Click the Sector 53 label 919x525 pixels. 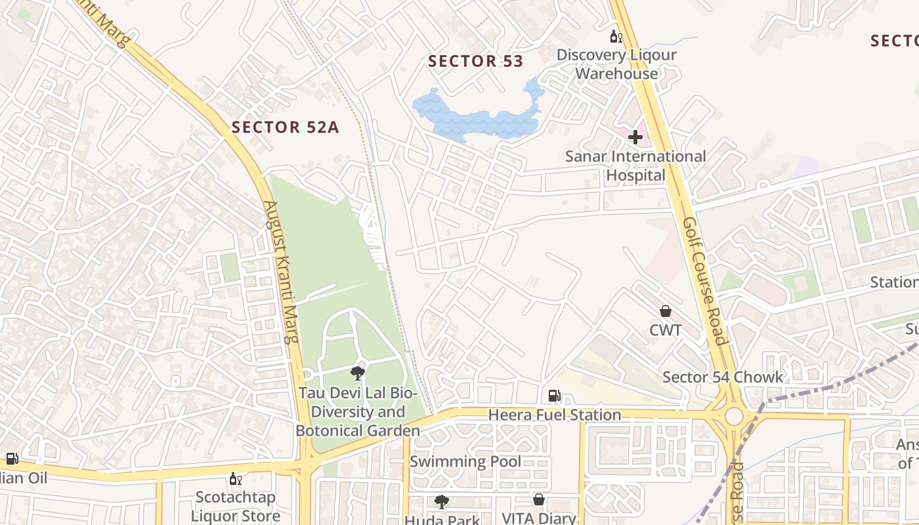[x=475, y=62]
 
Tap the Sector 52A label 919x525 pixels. [x=285, y=127]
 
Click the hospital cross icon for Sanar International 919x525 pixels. [x=635, y=137]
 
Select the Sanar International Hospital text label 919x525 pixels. [x=635, y=166]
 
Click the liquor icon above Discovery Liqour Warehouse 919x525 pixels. [x=615, y=36]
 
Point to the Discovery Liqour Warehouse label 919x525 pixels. [x=616, y=64]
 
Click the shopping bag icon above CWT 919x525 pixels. [x=666, y=311]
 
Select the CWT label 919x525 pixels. [x=666, y=330]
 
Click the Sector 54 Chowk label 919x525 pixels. [x=722, y=377]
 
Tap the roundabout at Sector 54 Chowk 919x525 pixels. [x=734, y=416]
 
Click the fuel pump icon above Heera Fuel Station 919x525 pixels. [x=554, y=396]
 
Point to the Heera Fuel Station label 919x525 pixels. [x=554, y=415]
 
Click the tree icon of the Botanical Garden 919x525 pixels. [x=357, y=374]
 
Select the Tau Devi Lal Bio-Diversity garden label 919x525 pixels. [x=358, y=412]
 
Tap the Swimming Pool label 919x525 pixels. [x=465, y=461]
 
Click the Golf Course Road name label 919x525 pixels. [x=704, y=281]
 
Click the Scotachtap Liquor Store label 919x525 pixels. [x=235, y=506]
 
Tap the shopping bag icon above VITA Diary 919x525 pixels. [x=538, y=500]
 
